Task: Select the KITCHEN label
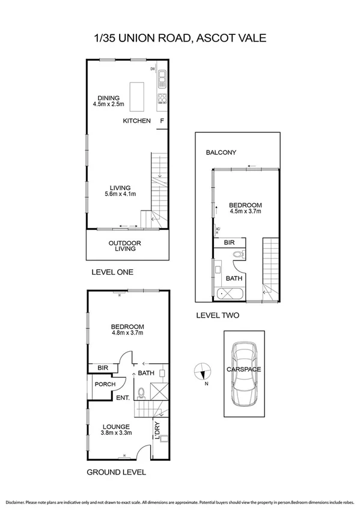click(136, 121)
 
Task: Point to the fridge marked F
click(161, 121)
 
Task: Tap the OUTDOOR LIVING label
click(124, 247)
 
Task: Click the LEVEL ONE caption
click(112, 272)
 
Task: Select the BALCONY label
click(221, 153)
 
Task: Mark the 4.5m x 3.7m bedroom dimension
click(246, 211)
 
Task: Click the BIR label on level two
click(229, 242)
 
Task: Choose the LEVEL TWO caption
click(218, 315)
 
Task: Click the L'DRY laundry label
click(157, 431)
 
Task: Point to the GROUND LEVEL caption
click(117, 472)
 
